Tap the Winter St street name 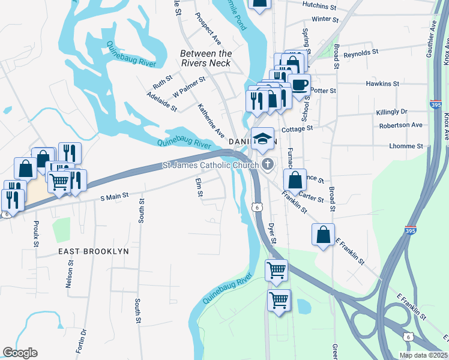pyautogui.click(x=326, y=19)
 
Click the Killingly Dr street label pyautogui.click(x=391, y=112)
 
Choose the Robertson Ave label pyautogui.click(x=401, y=125)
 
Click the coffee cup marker pyautogui.click(x=299, y=84)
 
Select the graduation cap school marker pyautogui.click(x=262, y=139)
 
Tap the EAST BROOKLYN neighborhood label pyautogui.click(x=93, y=251)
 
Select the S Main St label pyautogui.click(x=114, y=196)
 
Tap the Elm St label pyautogui.click(x=199, y=187)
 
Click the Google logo pyautogui.click(x=20, y=353)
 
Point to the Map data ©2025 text pyautogui.click(x=423, y=355)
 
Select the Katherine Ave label pyautogui.click(x=211, y=120)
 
